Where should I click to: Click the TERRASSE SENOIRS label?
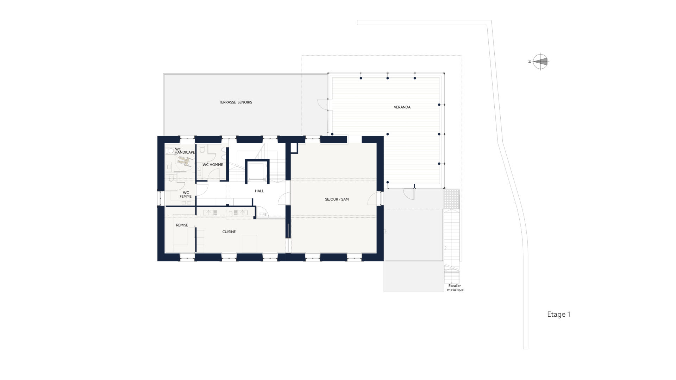click(236, 102)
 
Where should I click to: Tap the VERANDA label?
click(402, 107)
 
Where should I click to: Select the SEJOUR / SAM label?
click(337, 199)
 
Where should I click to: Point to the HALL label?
click(259, 191)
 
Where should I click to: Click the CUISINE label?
click(229, 232)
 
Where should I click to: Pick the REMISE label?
click(182, 225)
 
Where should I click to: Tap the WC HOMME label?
click(213, 165)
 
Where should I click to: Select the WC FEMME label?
click(186, 195)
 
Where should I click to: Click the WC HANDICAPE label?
click(185, 151)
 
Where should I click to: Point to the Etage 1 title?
click(559, 315)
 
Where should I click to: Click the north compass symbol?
click(540, 62)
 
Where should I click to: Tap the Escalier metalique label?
click(455, 288)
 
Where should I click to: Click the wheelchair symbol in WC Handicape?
click(186, 161)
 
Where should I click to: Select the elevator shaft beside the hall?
click(257, 171)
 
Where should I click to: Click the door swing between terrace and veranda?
click(323, 104)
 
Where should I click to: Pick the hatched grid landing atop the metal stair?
click(452, 199)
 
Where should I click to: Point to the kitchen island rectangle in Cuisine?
click(249, 243)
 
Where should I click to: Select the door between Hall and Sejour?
click(284, 199)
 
